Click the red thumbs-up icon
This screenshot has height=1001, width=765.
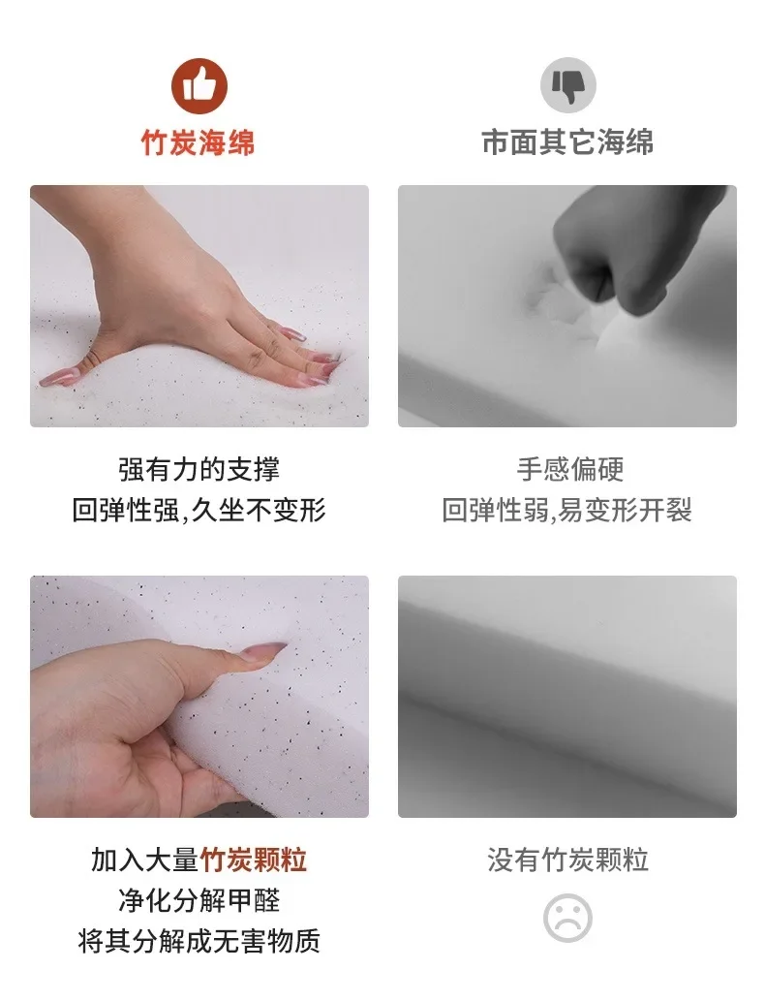(x=199, y=86)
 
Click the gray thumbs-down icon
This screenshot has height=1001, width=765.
(x=567, y=85)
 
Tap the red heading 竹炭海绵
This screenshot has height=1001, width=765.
(x=199, y=142)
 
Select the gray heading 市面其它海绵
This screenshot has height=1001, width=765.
(x=567, y=142)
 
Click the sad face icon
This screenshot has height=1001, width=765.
(x=567, y=918)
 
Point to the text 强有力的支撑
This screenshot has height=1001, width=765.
(x=199, y=469)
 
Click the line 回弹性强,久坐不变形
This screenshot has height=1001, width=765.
(x=199, y=510)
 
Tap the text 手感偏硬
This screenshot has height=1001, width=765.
(x=569, y=469)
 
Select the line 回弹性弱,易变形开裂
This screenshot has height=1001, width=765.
(x=567, y=510)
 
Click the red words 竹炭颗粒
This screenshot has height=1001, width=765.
(x=254, y=860)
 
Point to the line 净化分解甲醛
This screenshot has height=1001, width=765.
(x=199, y=900)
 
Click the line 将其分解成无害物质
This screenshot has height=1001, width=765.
(x=199, y=941)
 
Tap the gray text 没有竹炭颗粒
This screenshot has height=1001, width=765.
(x=567, y=860)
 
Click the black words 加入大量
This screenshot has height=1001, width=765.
(x=145, y=860)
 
